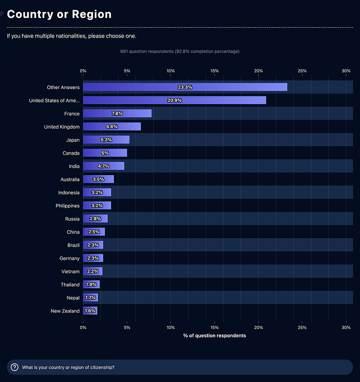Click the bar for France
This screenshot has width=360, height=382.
click(117, 113)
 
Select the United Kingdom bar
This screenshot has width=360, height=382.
click(112, 127)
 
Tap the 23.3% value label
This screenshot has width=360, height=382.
click(185, 87)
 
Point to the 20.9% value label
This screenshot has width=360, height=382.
click(175, 100)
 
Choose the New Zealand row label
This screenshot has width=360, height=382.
click(65, 311)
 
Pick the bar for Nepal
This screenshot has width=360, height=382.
click(90, 298)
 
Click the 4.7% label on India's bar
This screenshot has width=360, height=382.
click(103, 166)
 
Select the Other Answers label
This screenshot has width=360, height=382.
click(63, 88)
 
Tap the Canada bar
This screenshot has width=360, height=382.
click(105, 153)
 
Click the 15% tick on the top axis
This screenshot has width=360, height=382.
click(214, 71)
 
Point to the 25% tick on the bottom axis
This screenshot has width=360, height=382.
click(302, 327)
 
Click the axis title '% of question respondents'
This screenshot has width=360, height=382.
click(214, 336)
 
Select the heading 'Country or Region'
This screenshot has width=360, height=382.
click(59, 14)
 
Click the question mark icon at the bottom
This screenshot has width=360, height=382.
click(14, 367)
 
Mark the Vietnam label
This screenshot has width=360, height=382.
click(70, 271)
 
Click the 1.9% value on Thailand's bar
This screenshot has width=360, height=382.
click(91, 285)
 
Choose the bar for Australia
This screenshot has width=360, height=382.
click(98, 180)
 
